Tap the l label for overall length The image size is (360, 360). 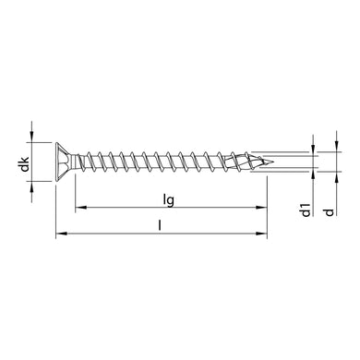(162, 224)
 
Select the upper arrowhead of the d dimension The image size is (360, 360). (329, 143)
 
